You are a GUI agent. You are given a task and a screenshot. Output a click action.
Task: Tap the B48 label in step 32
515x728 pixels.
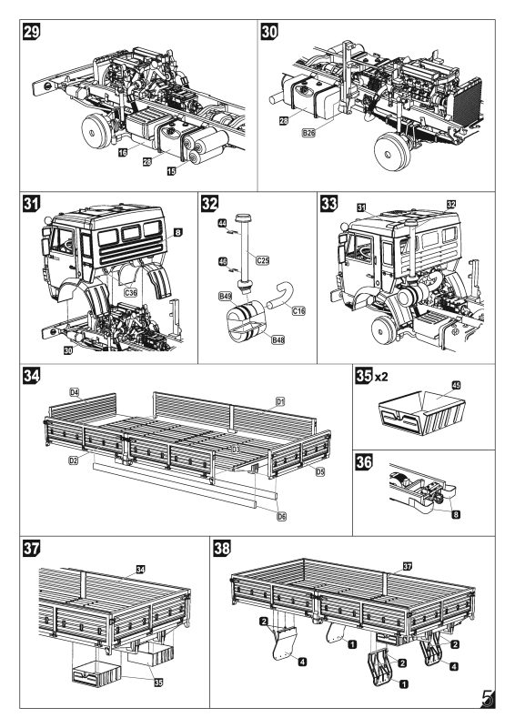click(279, 339)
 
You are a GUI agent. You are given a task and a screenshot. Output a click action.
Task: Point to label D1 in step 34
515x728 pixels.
click(280, 401)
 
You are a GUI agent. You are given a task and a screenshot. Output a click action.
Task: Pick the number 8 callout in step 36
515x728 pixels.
click(455, 514)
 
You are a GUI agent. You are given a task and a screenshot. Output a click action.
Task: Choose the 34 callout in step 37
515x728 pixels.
click(140, 569)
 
